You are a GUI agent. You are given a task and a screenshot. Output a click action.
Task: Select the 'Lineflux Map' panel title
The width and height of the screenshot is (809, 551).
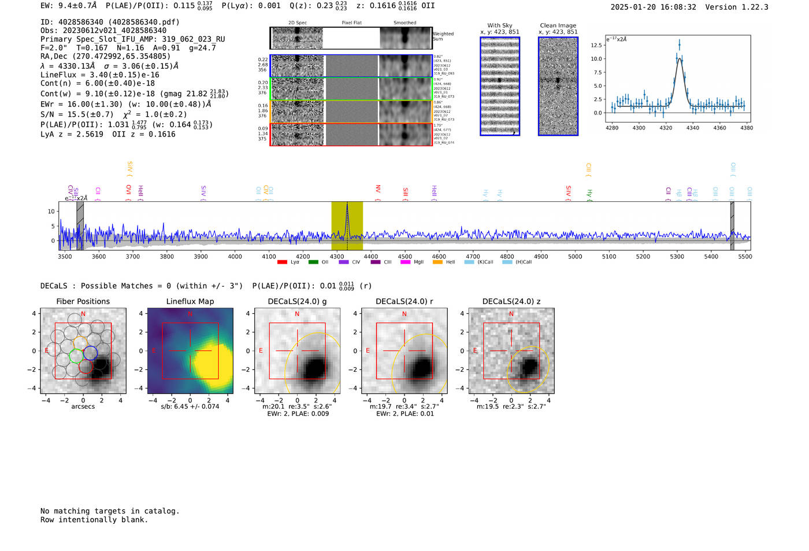[190, 301]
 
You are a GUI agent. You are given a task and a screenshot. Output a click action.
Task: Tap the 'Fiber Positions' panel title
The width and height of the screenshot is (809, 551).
[83, 301]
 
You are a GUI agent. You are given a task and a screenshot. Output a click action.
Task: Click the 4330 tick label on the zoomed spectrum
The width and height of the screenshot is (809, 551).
[679, 128]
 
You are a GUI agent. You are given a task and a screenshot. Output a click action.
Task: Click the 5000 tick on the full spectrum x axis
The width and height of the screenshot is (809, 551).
[575, 256]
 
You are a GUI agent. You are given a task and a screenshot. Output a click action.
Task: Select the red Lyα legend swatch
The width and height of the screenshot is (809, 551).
[282, 262]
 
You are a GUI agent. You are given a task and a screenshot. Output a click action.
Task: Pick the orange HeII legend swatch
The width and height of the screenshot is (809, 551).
[437, 262]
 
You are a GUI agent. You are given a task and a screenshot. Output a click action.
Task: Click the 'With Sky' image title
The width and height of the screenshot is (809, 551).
[500, 25]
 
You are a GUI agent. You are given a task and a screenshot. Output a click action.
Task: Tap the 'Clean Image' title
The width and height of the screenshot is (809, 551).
[558, 25]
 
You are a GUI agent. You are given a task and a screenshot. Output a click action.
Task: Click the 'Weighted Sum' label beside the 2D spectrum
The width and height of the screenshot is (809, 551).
[443, 36]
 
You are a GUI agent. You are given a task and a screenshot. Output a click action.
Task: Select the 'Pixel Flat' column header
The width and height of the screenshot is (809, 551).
[351, 23]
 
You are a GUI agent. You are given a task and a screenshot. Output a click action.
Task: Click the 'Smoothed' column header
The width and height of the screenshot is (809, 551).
[404, 23]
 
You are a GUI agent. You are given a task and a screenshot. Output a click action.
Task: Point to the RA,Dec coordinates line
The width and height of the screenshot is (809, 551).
[105, 56]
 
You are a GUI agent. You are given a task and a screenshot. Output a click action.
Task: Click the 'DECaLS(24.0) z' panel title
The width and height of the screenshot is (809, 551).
[511, 301]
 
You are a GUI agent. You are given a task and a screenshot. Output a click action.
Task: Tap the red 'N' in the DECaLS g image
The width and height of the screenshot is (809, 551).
[297, 314]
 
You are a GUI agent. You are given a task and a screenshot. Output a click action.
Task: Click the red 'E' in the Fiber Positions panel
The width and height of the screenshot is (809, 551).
[47, 350]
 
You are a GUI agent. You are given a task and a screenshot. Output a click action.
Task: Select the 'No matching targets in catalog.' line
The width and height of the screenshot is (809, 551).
[110, 511]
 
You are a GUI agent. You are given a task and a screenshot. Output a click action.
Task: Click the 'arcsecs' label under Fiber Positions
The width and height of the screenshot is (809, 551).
[83, 406]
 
